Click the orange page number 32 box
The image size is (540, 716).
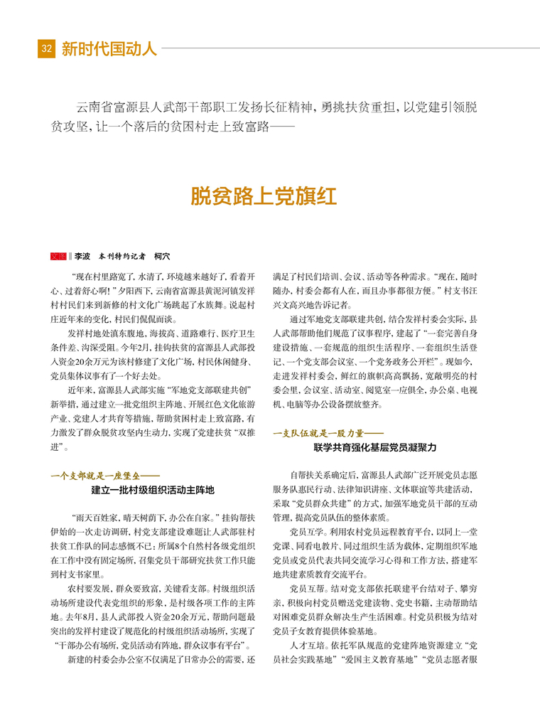46,49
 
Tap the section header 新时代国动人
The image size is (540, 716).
109,49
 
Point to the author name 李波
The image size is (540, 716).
82,256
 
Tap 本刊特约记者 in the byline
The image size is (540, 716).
121,256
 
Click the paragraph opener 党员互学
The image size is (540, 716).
307,532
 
